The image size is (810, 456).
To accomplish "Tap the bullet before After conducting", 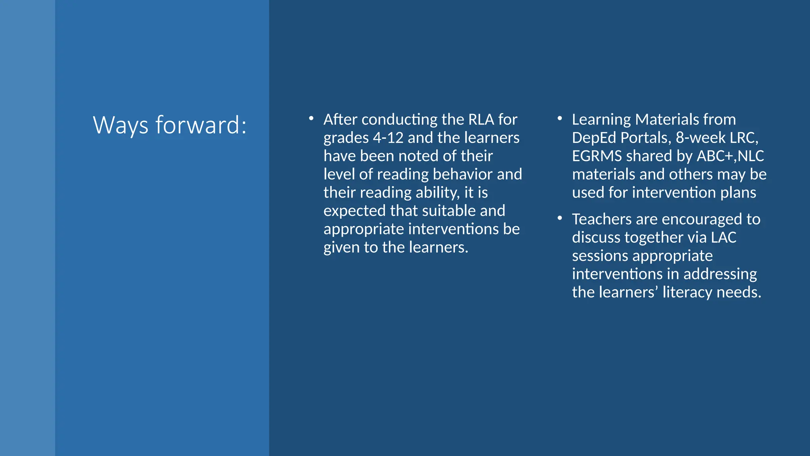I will [x=311, y=118].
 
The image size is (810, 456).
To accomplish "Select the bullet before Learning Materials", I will [x=560, y=118].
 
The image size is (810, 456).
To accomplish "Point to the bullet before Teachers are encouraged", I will [x=560, y=218].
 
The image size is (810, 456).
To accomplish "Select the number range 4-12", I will [x=388, y=138].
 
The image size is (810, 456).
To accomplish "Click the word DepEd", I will [x=594, y=138].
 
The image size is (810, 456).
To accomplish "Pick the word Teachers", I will [x=602, y=219].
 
